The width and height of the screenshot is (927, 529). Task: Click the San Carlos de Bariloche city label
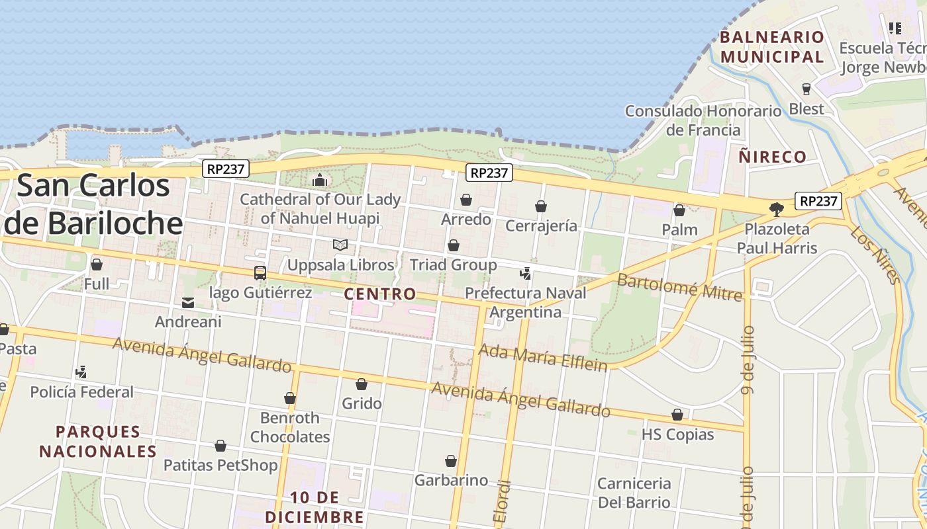(x=93, y=204)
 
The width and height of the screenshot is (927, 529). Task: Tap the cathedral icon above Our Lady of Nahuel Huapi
(x=320, y=179)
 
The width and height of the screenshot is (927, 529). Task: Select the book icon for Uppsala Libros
(x=340, y=245)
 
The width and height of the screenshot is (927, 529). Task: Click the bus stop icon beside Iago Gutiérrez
(x=260, y=272)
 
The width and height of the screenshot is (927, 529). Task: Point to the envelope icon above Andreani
(x=188, y=303)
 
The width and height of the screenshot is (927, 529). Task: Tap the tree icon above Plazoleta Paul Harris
(x=777, y=210)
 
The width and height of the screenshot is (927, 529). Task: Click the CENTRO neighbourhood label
(x=380, y=294)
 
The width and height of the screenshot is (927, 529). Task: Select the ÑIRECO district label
(x=772, y=157)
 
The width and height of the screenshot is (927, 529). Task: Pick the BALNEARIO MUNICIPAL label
(x=772, y=47)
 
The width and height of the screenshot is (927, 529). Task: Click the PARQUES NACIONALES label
(x=98, y=442)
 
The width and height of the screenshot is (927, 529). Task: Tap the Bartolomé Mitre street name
(x=679, y=286)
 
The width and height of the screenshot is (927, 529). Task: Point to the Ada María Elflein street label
(x=542, y=357)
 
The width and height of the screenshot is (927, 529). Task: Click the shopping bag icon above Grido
(x=362, y=384)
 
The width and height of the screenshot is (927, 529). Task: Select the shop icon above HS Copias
(x=677, y=415)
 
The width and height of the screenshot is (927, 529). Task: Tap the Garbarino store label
(x=451, y=480)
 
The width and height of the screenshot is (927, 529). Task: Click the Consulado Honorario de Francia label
(x=703, y=120)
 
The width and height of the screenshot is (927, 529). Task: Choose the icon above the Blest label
(x=806, y=89)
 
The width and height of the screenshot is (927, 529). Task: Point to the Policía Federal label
(x=82, y=391)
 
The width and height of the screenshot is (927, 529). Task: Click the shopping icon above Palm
(x=679, y=210)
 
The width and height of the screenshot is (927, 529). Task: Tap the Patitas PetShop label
(x=220, y=466)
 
